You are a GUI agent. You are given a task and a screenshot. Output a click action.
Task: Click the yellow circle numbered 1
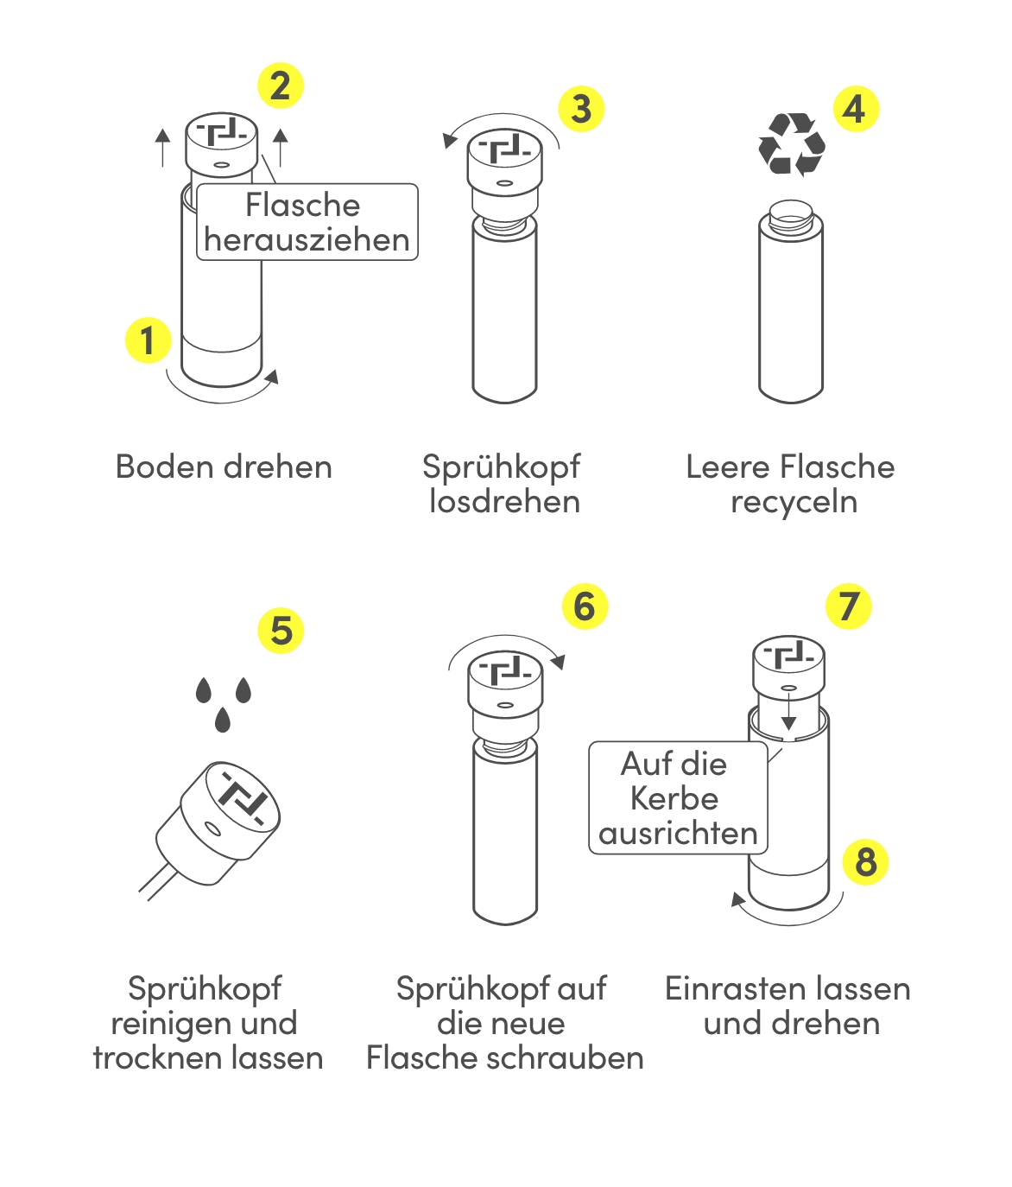149,340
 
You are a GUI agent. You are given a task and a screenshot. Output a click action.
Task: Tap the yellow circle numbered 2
280,86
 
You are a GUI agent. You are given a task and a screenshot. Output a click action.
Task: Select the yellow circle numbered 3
581,109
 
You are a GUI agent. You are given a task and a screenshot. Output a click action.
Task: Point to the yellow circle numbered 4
856,109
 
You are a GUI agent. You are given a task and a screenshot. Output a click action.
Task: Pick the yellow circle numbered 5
281,630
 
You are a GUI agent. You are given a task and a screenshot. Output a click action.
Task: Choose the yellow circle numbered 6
585,606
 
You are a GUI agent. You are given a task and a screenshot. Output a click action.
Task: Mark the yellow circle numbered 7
849,606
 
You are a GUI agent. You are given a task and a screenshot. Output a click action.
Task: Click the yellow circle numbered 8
865,861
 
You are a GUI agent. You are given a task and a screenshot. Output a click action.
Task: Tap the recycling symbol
792,144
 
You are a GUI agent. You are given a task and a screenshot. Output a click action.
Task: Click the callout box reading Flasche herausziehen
307,222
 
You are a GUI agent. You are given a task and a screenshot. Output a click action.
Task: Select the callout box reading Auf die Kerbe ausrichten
678,798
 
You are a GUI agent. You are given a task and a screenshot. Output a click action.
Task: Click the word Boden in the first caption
165,467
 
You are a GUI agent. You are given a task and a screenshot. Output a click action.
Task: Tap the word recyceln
794,503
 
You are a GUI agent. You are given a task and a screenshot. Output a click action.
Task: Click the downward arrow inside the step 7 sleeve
788,713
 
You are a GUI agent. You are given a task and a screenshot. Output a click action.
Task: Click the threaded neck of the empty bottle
791,213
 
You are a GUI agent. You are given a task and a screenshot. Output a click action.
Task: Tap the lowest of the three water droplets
222,719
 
